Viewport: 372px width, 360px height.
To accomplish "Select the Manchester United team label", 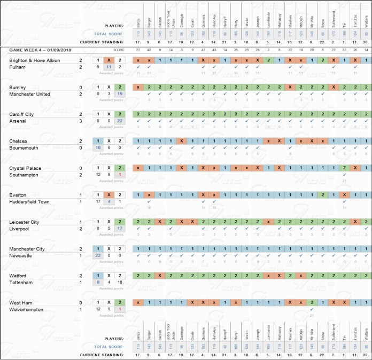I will coord(30,95).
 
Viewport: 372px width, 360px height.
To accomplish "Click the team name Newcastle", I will coord(22,256).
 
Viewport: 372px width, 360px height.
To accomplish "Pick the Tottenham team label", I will coord(22,283).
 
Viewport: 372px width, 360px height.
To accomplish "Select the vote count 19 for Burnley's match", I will coord(120,94).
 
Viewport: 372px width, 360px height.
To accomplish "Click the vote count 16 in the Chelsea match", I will coord(98,148).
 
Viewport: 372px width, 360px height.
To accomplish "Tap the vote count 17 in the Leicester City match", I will coord(120,229).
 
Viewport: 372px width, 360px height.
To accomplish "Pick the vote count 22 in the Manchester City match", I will coord(98,256).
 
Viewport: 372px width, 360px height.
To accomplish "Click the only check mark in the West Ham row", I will coord(312,309).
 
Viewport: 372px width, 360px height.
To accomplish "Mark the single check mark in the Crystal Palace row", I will coord(345,175).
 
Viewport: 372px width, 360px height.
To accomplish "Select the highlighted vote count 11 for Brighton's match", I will coord(109,67).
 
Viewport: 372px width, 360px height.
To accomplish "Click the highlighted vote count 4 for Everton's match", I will coord(109,202).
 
